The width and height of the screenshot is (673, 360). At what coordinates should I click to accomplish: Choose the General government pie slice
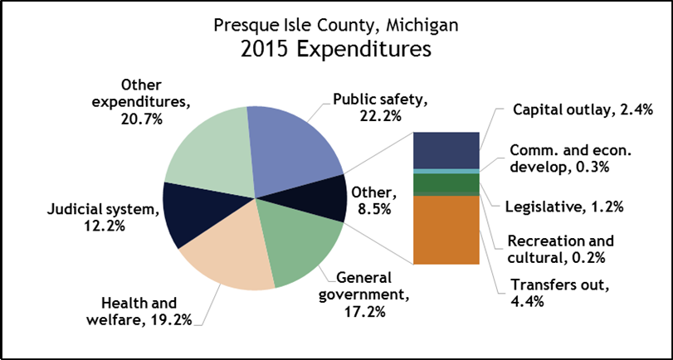295,245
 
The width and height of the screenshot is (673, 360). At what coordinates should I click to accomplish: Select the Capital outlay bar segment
446,149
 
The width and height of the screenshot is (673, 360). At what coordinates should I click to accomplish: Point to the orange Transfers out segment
446,230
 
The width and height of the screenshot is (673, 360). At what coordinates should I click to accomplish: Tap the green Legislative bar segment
446,182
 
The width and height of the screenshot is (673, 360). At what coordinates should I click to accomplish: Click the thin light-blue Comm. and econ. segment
446,171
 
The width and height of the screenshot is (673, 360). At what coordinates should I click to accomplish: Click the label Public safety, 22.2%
379,108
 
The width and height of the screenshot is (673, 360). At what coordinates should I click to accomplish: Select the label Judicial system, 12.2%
101,216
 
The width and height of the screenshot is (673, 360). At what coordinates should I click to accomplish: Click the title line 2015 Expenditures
335,50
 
